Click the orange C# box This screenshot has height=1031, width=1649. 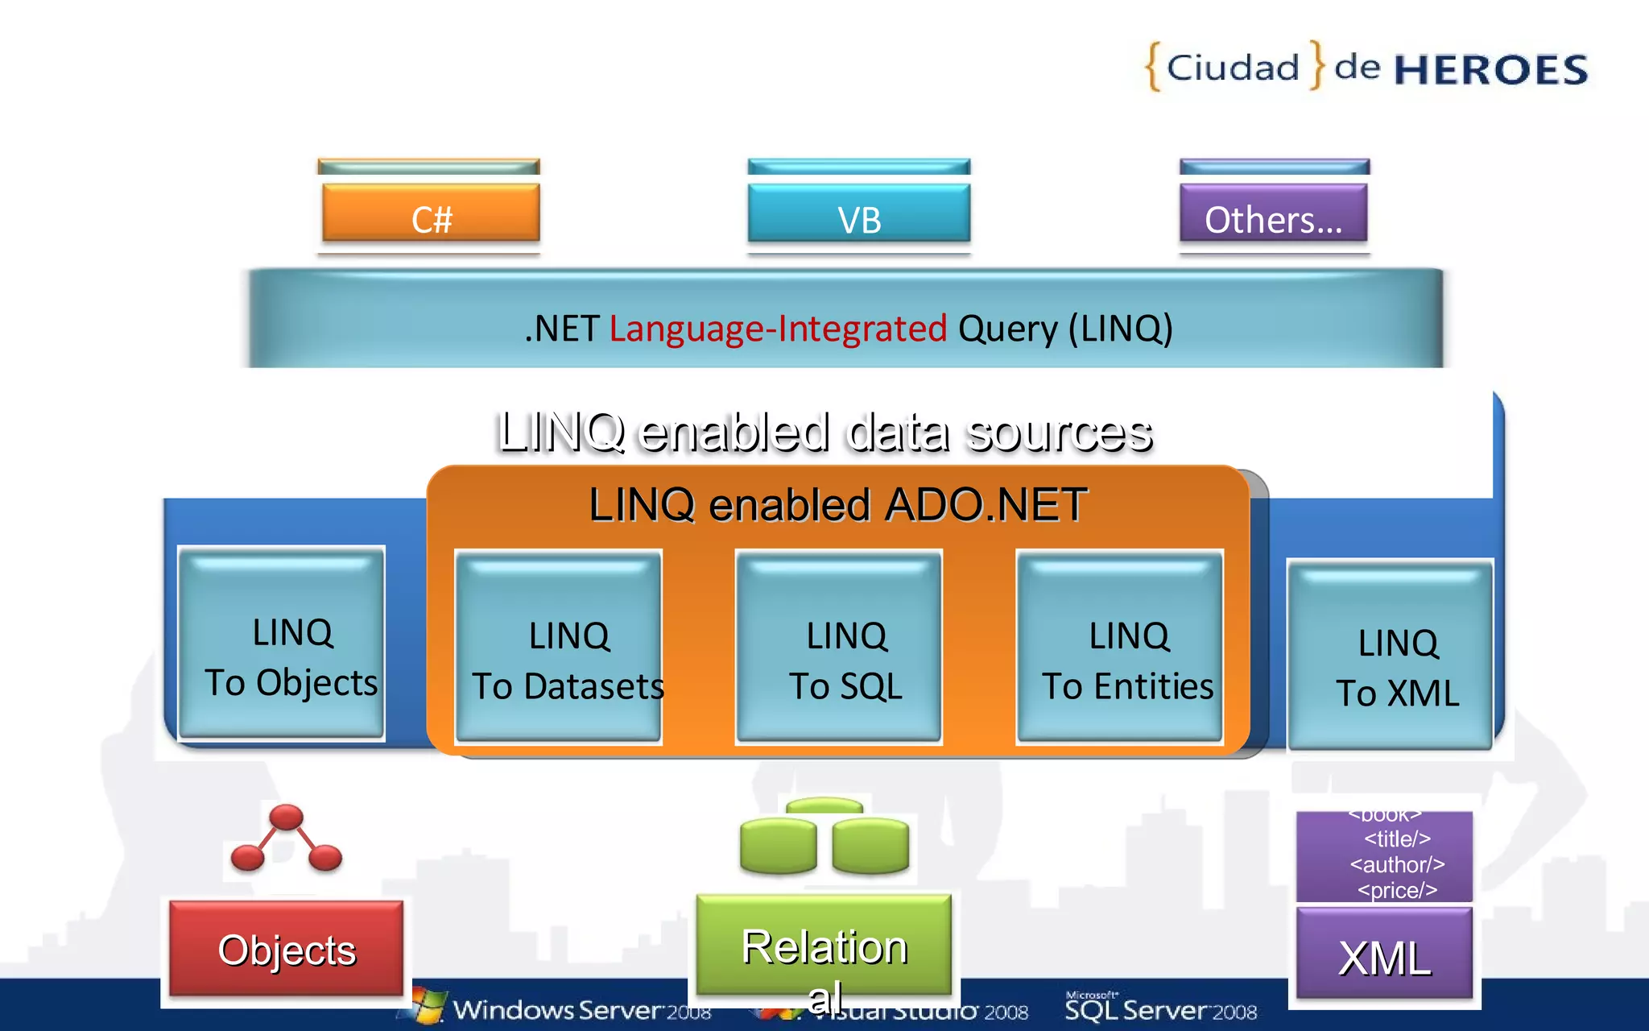tap(431, 213)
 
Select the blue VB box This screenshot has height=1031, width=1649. tap(858, 213)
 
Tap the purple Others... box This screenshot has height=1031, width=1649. tap(1273, 213)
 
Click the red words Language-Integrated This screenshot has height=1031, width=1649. tap(778, 329)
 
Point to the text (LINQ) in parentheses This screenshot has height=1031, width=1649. tap(1120, 329)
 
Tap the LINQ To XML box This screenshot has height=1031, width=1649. tap(1390, 656)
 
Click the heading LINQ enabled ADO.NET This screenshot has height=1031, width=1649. tap(837, 505)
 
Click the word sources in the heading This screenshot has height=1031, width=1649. tap(1059, 433)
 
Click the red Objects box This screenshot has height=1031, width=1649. tap(286, 949)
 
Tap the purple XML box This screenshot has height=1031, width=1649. tap(1384, 954)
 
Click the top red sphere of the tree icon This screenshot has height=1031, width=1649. tap(287, 817)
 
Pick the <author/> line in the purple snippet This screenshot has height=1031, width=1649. tap(1397, 865)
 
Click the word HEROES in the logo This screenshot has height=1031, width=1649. tap(1490, 70)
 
